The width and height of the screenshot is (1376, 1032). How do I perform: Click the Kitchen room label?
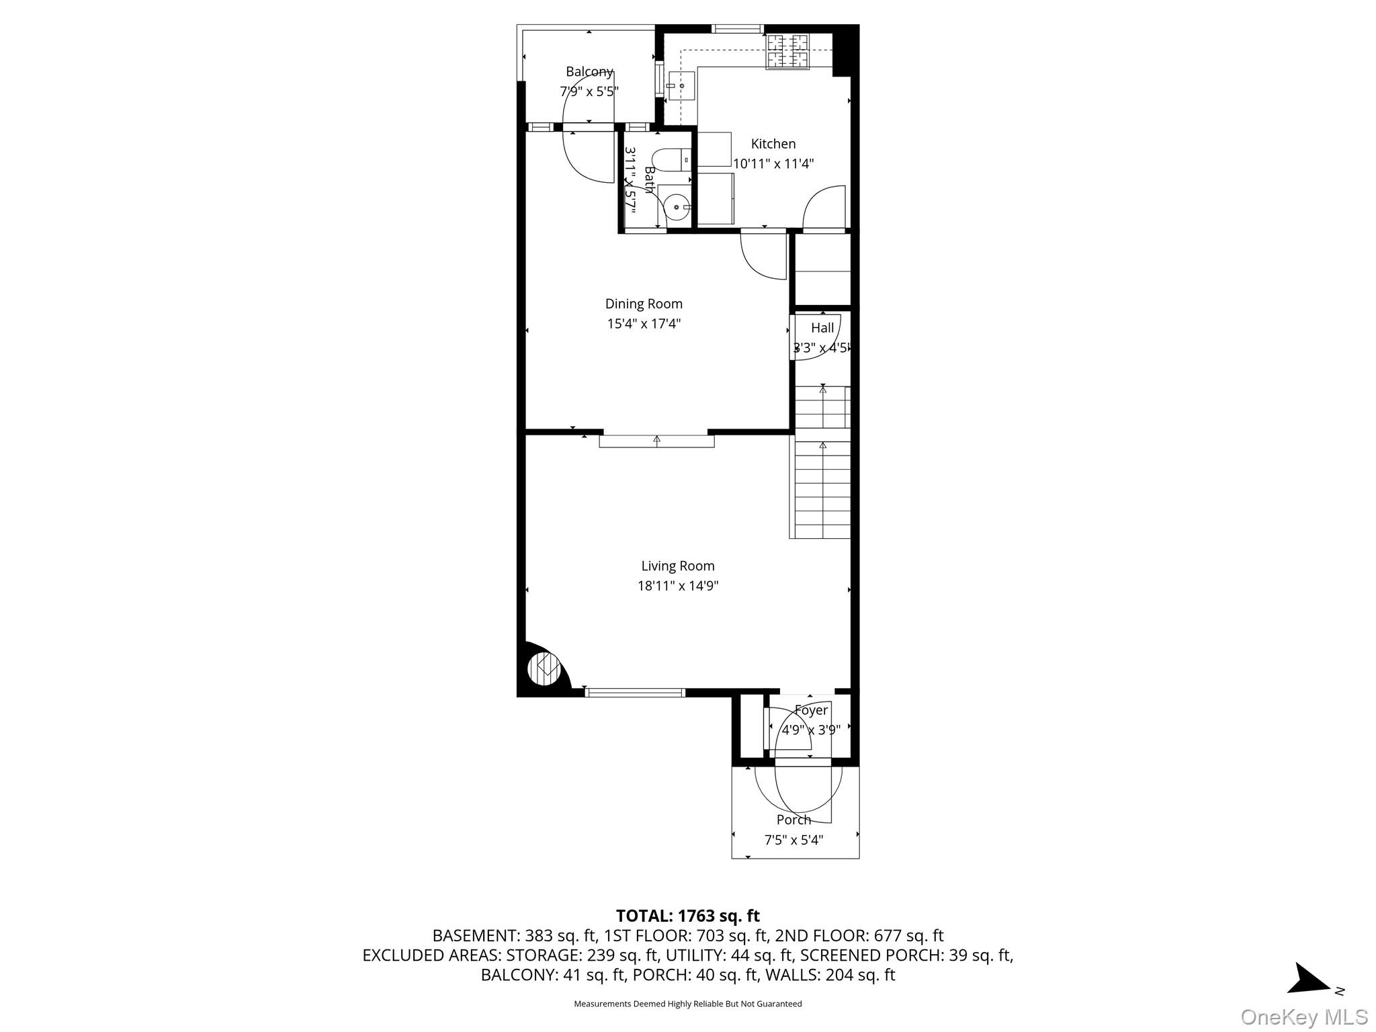773,144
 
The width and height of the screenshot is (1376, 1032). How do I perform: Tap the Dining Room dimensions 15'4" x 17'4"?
644,324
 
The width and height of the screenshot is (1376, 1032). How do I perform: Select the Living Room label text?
677,566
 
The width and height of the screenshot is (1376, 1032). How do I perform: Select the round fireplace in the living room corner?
544,668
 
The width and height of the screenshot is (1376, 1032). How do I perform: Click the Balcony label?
589,72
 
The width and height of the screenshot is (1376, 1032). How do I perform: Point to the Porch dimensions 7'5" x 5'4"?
793,840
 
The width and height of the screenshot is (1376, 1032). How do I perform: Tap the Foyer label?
811,710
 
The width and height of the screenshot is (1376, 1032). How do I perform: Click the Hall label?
822,328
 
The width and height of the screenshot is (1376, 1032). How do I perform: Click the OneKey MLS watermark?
1303,1017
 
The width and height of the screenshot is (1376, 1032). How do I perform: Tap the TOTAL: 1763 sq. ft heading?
687,916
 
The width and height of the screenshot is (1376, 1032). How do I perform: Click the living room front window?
635,692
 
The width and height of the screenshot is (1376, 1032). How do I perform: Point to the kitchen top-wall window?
737,29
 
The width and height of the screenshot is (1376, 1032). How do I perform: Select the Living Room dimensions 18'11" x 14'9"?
677,586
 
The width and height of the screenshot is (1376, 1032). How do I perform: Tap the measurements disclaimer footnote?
687,1004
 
